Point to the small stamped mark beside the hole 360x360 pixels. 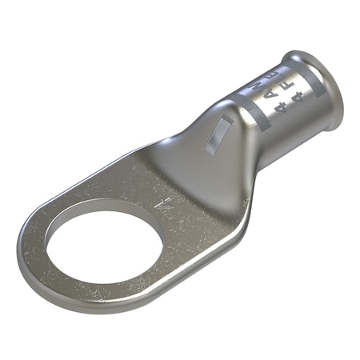point(166,206)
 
